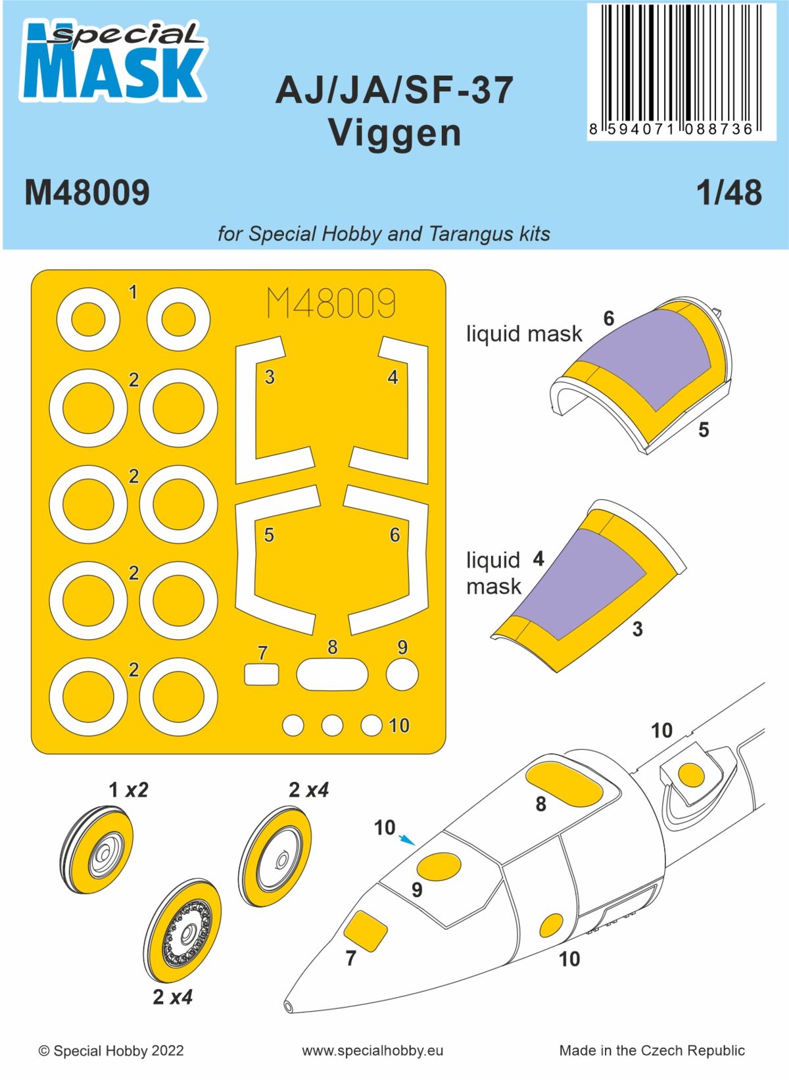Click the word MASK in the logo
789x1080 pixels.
[x=112, y=72]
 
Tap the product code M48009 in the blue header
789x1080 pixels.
[x=87, y=193]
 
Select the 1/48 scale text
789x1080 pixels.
[x=729, y=193]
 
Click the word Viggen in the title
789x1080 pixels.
[x=394, y=132]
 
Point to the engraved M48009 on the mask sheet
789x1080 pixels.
[x=331, y=303]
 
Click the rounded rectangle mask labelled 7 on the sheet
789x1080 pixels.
[x=261, y=675]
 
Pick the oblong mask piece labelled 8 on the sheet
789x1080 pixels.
[x=332, y=675]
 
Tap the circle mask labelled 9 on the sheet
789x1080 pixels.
[x=402, y=675]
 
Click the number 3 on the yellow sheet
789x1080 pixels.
[x=270, y=378]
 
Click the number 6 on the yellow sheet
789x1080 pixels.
[x=394, y=535]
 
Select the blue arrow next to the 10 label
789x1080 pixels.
[x=408, y=839]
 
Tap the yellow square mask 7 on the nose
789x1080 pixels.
[x=366, y=930]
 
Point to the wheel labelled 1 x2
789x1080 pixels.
[x=101, y=851]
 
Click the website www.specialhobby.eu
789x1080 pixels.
[x=372, y=1050]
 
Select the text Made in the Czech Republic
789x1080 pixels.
[x=652, y=1050]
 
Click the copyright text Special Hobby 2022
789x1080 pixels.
[x=111, y=1050]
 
